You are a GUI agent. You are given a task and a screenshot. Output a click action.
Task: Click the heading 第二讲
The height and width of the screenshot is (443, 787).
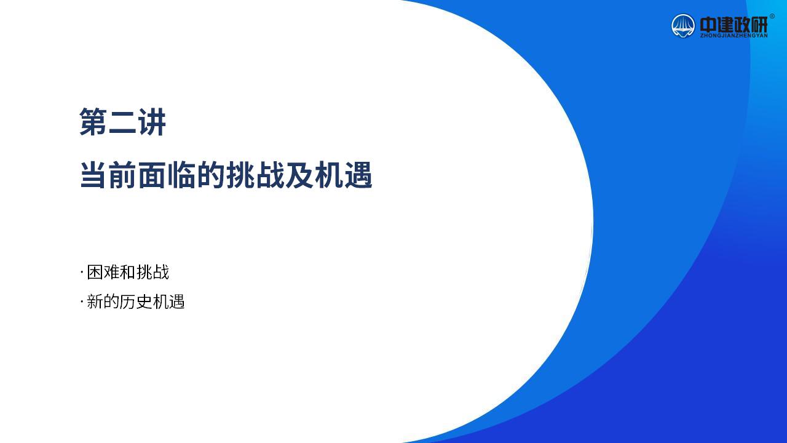[x=122, y=122]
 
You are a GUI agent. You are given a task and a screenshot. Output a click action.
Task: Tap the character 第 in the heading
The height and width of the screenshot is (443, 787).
[x=93, y=122]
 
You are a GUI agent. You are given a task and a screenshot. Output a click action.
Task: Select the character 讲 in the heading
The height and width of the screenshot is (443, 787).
[x=152, y=122]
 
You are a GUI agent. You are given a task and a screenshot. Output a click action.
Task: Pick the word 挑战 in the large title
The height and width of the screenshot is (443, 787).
[x=255, y=175]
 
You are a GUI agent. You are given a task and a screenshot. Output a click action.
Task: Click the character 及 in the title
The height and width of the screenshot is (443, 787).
[x=299, y=175]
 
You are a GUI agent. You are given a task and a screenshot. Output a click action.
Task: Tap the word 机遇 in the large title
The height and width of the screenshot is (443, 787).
[x=344, y=175]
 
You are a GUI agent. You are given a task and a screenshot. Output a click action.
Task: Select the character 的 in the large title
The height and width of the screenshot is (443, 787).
[x=211, y=175]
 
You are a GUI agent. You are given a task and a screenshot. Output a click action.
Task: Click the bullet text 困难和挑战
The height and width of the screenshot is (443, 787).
[x=128, y=272]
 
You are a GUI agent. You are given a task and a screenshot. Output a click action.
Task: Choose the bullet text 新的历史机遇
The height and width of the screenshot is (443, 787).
[x=136, y=301]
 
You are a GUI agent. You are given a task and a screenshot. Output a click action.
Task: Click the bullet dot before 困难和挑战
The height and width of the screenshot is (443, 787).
[x=82, y=273]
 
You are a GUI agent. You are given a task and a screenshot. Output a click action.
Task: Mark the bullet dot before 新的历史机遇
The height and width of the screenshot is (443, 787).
[x=82, y=302]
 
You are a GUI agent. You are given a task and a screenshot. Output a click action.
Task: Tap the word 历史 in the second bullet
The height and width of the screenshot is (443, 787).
[x=136, y=301]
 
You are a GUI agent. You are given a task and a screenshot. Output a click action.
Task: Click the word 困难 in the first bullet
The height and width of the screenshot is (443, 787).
[x=103, y=272]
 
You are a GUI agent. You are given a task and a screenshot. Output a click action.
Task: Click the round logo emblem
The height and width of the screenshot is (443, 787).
[x=683, y=26]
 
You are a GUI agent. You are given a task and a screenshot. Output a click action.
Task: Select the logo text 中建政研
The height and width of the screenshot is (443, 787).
[x=734, y=25]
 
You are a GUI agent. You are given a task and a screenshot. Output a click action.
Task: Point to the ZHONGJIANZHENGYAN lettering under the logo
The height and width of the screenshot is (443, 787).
[x=734, y=36]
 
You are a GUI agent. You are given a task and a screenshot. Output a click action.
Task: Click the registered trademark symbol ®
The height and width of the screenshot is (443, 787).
[x=772, y=16]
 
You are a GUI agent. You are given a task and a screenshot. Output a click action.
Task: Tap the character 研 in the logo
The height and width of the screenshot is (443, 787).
[x=759, y=25]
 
